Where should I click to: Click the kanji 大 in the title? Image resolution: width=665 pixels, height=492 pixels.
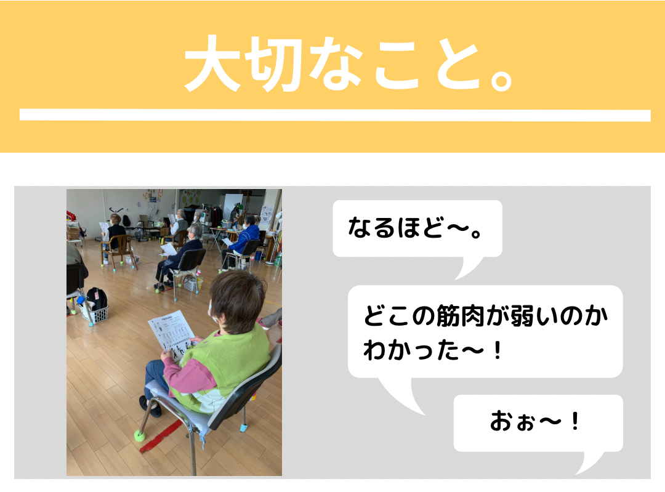point(213,63)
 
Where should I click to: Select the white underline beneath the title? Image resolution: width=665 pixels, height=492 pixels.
point(335,115)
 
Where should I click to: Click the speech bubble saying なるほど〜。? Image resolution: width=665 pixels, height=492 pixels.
point(417,229)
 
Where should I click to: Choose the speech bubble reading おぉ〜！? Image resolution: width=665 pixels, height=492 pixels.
point(538,424)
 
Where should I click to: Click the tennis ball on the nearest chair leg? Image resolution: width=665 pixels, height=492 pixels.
point(139,435)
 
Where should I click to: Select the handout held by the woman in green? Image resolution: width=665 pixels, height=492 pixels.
point(171,334)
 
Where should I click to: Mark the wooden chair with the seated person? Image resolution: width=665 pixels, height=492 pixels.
point(118,250)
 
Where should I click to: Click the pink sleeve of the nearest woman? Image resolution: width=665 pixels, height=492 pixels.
point(187,374)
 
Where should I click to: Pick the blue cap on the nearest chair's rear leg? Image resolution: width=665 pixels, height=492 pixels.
point(244,427)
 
